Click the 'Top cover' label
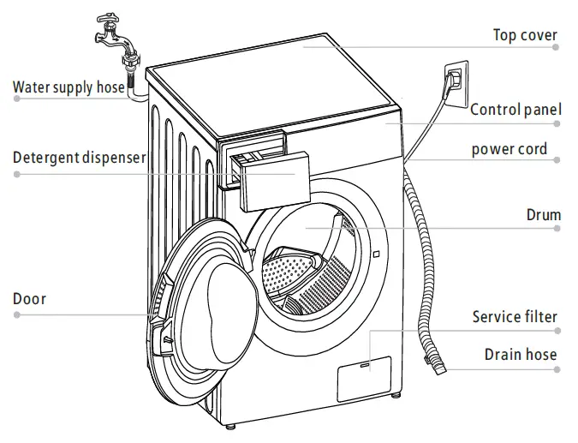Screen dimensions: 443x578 click(x=525, y=35)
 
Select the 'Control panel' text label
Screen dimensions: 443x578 click(x=515, y=109)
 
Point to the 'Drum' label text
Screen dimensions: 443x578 click(x=543, y=214)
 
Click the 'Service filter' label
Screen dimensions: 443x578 click(x=515, y=317)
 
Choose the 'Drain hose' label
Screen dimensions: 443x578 click(x=520, y=355)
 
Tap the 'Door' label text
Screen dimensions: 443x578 click(x=29, y=299)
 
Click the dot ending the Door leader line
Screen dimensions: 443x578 click(x=16, y=314)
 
